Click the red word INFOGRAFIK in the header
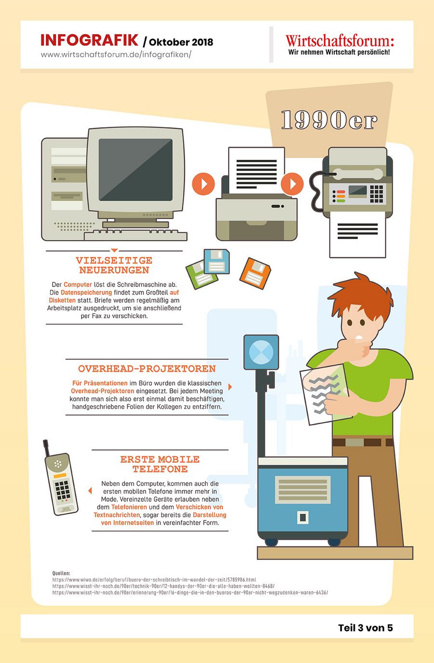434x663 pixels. [90, 40]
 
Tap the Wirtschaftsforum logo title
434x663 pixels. [340, 40]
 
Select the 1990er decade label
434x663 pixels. [329, 120]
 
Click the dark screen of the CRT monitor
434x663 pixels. [136, 169]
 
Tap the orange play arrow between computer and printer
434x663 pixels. [203, 184]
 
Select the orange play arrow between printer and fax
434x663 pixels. [292, 184]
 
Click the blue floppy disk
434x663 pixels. [217, 261]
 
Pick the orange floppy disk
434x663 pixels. [255, 273]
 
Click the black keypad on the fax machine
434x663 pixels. [377, 194]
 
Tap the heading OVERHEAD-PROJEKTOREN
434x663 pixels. [147, 369]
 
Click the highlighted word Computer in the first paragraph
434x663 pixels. [78, 285]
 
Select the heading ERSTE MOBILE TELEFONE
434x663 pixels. [160, 464]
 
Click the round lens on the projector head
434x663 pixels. [261, 352]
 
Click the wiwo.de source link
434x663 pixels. [154, 580]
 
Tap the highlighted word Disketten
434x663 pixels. [62, 300]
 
